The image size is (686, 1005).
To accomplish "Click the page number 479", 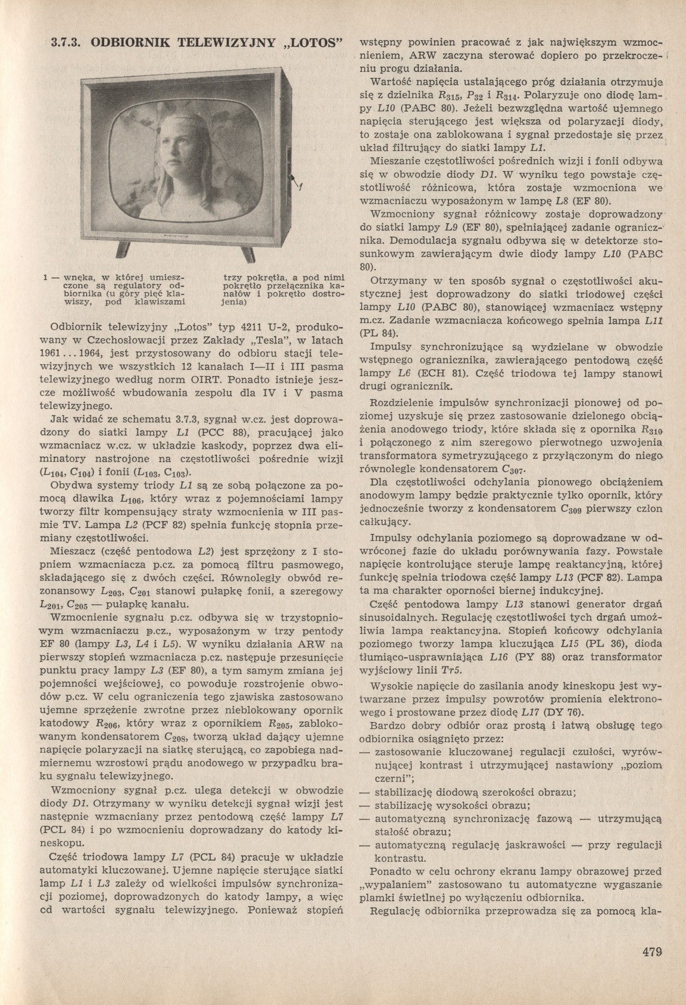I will click(x=653, y=968).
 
